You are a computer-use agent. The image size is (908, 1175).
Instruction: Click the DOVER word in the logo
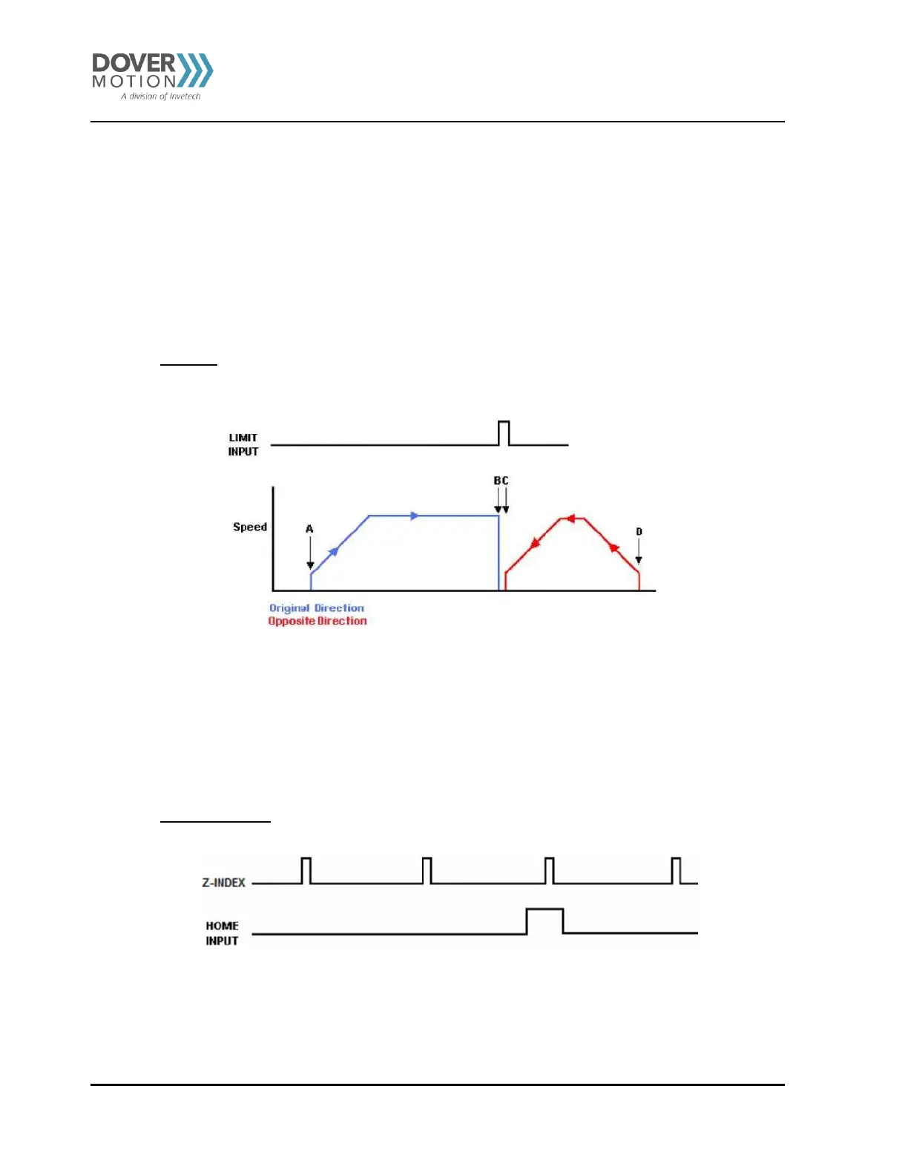coord(134,63)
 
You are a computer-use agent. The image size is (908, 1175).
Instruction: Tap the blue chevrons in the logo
coord(195,70)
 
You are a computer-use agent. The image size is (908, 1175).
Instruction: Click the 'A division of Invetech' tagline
coord(161,96)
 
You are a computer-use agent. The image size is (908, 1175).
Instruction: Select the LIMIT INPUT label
coord(243,444)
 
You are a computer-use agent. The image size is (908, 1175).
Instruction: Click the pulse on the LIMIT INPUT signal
coord(504,433)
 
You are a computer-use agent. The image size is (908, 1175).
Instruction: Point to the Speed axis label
coord(250,527)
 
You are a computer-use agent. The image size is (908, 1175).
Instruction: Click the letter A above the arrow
coord(309,529)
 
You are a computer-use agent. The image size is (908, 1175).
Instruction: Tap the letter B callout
coord(497,481)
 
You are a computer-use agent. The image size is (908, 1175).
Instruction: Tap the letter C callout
coord(505,481)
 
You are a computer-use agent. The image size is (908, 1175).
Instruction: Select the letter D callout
coord(639,532)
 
